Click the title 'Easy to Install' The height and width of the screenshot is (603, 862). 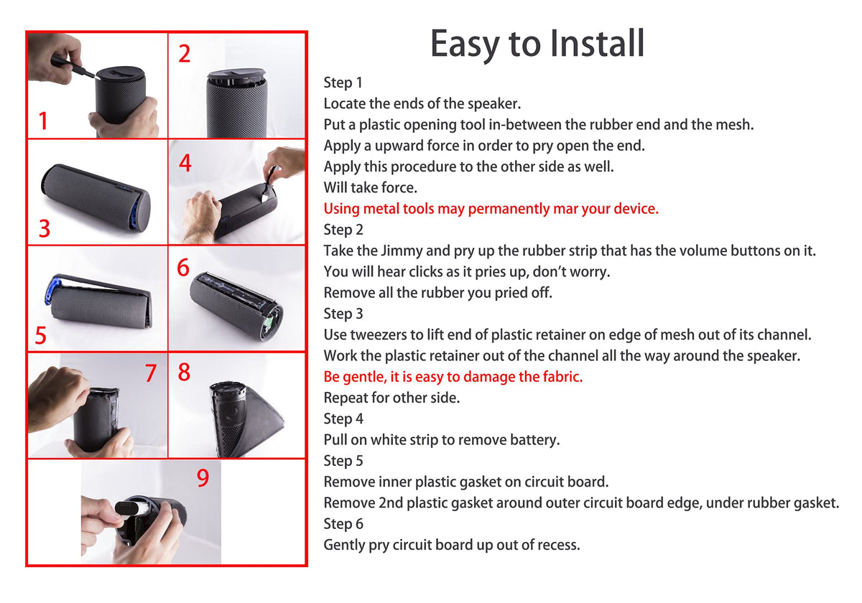coord(537,44)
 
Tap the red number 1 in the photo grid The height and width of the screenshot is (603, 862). coord(43,121)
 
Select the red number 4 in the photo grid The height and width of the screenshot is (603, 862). coord(185,163)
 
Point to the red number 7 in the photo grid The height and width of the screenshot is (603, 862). coord(150,373)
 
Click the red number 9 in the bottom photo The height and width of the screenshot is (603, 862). coord(203,478)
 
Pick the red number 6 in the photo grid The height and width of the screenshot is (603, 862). coord(183,267)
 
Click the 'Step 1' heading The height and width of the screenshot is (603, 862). coord(343,83)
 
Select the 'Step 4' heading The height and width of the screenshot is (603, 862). coord(343,419)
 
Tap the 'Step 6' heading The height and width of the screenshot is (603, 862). coord(343,524)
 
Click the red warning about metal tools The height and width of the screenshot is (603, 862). coord(491,209)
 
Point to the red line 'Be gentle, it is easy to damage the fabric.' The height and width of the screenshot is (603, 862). coord(453,377)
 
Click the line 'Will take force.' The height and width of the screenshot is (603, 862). coord(370,187)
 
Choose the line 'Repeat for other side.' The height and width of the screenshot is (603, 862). coord(391,398)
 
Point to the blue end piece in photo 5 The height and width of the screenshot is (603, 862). coord(53,289)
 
